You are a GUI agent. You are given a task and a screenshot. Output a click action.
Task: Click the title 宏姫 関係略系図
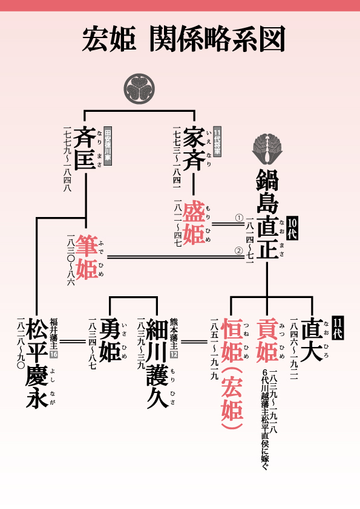pyautogui.click(x=183, y=39)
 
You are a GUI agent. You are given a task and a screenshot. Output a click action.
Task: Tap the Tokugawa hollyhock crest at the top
pyautogui.click(x=139, y=89)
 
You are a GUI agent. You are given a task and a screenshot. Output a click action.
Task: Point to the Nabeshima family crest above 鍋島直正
pyautogui.click(x=267, y=149)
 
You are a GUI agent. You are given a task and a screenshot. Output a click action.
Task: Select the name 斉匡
pyautogui.click(x=85, y=148)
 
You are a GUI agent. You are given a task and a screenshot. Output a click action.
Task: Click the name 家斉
pyautogui.click(x=194, y=148)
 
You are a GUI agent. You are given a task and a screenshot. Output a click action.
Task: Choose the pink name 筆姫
pyautogui.click(x=87, y=257)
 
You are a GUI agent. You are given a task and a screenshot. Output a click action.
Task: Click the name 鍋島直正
pyautogui.click(x=267, y=213)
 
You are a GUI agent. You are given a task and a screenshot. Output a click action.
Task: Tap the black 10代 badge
pyautogui.click(x=292, y=229)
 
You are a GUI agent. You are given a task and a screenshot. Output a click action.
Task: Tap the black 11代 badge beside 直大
pyautogui.click(x=338, y=328)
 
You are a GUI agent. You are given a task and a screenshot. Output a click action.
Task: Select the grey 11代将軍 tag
pyautogui.click(x=217, y=142)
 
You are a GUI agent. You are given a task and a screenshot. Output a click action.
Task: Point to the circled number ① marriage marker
pyautogui.click(x=239, y=218)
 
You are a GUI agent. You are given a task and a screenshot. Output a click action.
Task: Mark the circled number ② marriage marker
pyautogui.click(x=239, y=251)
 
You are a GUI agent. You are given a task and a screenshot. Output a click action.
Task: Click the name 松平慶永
pyautogui.click(x=37, y=363)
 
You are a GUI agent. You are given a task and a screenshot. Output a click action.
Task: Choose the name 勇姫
pyautogui.click(x=111, y=340)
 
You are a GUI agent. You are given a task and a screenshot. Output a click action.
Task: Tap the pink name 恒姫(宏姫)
pyautogui.click(x=232, y=374)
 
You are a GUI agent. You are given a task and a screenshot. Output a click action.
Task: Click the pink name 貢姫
pyautogui.click(x=267, y=340)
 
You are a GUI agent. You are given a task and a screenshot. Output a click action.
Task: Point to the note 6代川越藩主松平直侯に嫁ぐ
pyautogui.click(x=265, y=420)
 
